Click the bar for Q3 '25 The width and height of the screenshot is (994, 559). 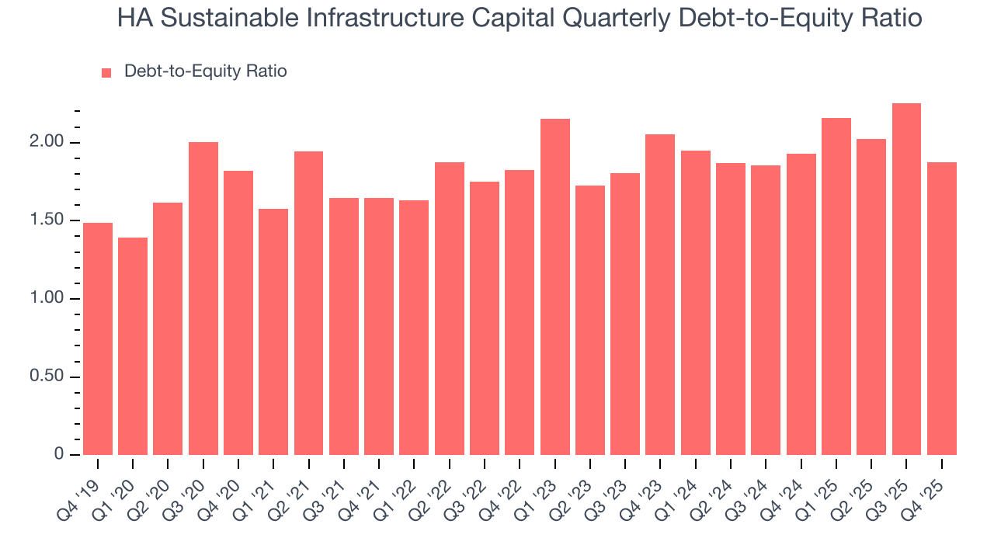click(x=906, y=279)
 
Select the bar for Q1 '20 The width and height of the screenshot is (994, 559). click(x=133, y=346)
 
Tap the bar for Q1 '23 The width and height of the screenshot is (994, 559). click(x=554, y=287)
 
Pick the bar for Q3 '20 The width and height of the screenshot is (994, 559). click(x=203, y=299)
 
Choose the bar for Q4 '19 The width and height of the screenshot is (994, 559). click(x=98, y=339)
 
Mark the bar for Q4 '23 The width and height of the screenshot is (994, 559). click(x=660, y=295)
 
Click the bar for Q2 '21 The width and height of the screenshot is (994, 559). click(x=308, y=304)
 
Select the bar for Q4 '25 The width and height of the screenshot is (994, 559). click(x=941, y=309)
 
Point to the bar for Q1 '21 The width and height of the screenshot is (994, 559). click(x=273, y=332)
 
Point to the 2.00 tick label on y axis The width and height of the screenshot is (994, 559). click(x=47, y=143)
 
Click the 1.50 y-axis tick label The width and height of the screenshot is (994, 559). click(x=47, y=221)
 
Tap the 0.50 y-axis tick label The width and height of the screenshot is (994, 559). click(x=47, y=377)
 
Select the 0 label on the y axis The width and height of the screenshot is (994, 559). click(x=59, y=455)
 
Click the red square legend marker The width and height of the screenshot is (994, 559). click(x=107, y=72)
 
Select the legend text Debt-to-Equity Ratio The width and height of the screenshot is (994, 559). click(x=205, y=71)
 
